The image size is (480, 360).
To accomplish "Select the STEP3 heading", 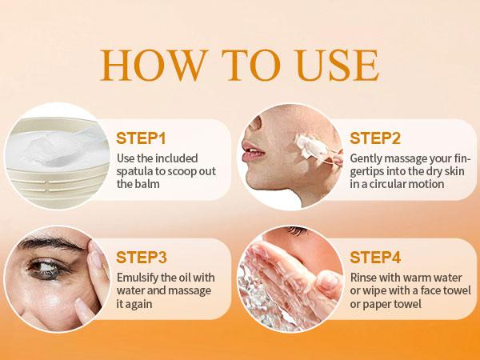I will [x=142, y=257].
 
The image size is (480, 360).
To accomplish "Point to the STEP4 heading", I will [x=374, y=257].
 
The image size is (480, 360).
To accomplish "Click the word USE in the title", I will [x=336, y=66].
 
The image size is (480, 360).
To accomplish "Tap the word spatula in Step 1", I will [x=134, y=170].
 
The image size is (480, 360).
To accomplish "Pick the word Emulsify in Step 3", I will [x=138, y=278].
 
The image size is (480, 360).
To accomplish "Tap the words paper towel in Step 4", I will [x=395, y=305].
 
